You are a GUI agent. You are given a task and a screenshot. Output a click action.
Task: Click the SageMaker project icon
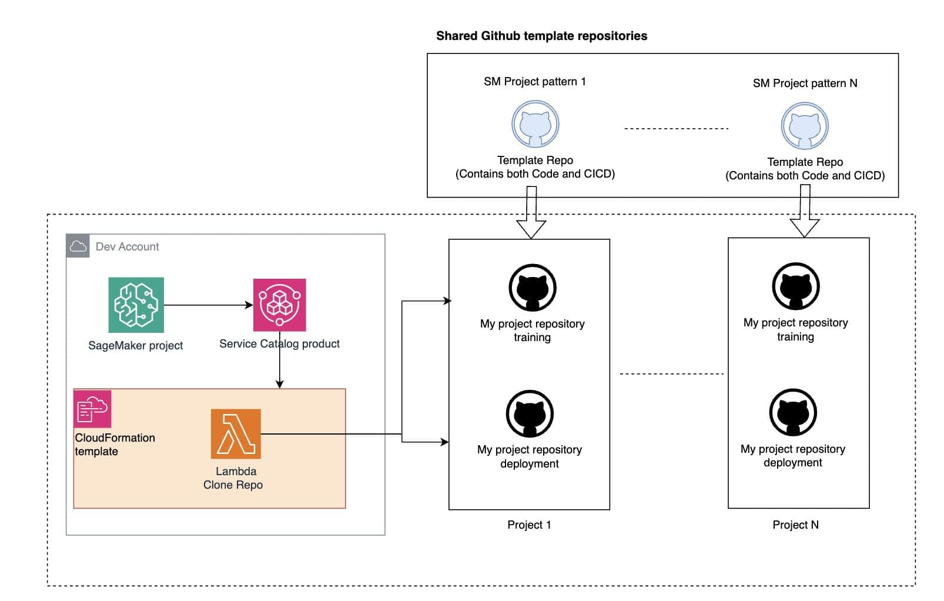[x=136, y=305]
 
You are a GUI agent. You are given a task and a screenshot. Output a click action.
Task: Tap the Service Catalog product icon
[x=279, y=305]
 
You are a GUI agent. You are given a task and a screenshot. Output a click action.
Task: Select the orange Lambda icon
[x=236, y=434]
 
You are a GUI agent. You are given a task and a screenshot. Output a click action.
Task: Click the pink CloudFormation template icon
[x=92, y=409]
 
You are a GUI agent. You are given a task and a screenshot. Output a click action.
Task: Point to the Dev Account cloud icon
[x=78, y=246]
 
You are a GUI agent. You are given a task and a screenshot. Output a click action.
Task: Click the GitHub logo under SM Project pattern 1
[x=535, y=124]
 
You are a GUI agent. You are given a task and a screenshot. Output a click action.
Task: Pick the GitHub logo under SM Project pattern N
[x=804, y=126]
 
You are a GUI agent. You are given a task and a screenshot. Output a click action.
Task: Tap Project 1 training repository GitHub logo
[x=532, y=288]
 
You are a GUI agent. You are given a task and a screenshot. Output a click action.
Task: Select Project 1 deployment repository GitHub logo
[x=530, y=413]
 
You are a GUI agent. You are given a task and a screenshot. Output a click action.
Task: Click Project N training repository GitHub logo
[x=795, y=286]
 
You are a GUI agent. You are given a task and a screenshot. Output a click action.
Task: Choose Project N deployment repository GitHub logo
[x=793, y=412]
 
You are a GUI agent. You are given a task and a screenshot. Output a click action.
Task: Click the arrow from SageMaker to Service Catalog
[x=209, y=305]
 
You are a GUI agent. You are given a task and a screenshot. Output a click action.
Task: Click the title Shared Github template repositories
[x=541, y=36]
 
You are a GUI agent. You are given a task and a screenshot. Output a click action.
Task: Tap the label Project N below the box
[x=795, y=525]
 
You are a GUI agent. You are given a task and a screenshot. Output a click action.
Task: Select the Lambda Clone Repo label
[x=233, y=478]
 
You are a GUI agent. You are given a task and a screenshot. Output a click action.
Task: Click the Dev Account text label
[x=127, y=246]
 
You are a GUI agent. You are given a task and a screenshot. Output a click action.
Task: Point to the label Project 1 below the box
[x=529, y=525]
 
